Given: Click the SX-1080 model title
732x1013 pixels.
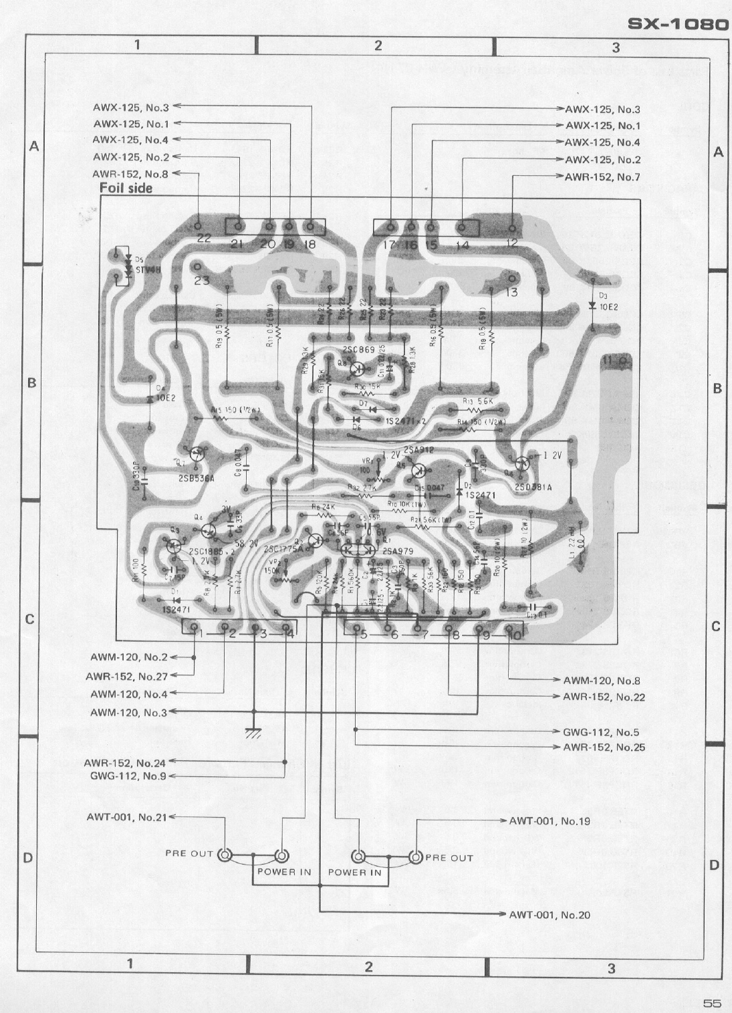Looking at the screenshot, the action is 678,25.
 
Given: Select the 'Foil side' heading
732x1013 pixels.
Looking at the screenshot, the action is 126,188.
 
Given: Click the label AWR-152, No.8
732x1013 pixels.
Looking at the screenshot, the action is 130,174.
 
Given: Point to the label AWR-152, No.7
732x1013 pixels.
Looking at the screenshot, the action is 602,177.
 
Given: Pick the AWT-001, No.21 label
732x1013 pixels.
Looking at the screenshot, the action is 127,816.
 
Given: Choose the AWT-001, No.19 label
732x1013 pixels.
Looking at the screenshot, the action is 550,820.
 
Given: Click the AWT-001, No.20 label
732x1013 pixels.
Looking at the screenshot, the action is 550,915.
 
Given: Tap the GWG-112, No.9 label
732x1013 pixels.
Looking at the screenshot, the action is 128,776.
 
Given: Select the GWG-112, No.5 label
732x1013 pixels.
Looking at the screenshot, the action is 601,732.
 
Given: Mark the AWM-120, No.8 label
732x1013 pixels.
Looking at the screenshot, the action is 602,681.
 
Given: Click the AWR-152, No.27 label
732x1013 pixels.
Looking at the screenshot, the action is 126,677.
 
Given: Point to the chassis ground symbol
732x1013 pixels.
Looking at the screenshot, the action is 253,733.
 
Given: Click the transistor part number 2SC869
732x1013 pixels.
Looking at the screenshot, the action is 358,350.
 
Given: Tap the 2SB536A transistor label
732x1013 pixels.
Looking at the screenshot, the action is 197,479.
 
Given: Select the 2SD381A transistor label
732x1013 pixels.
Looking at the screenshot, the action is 533,487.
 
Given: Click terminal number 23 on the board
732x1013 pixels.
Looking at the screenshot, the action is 201,280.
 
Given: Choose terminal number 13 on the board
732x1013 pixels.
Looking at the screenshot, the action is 511,292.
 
